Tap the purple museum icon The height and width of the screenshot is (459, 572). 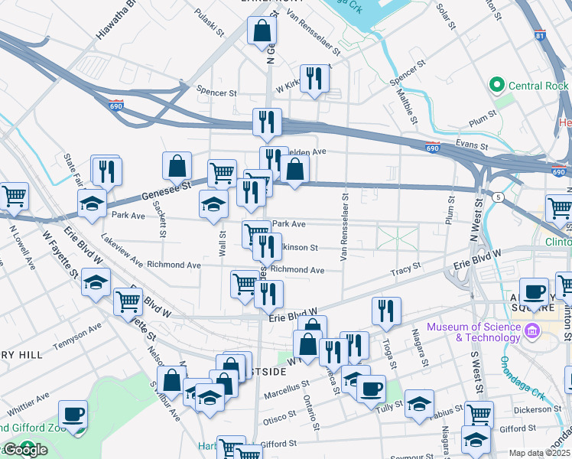click(533, 332)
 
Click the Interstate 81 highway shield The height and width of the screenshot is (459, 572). click(541, 35)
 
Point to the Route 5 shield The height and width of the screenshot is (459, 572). click(499, 197)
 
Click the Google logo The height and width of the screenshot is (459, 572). click(24, 450)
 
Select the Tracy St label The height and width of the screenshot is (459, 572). click(405, 269)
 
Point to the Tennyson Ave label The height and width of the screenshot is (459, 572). click(77, 338)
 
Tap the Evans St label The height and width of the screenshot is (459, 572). click(470, 145)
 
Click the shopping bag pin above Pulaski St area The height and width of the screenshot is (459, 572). click(262, 31)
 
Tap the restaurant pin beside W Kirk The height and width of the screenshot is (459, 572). click(314, 79)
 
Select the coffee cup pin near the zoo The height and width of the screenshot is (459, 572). click(73, 415)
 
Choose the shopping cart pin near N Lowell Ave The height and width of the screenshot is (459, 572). click(14, 197)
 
